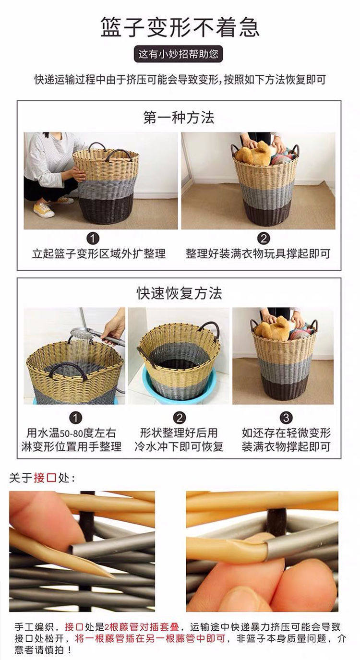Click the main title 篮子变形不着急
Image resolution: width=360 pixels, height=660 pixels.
pyautogui.click(x=180, y=27)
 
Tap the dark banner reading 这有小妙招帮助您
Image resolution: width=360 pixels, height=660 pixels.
pyautogui.click(x=179, y=54)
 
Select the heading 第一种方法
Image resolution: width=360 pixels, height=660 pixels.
pyautogui.click(x=179, y=118)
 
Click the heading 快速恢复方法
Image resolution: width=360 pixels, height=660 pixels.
pyautogui.click(x=179, y=293)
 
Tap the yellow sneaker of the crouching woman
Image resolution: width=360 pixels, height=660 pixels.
pyautogui.click(x=44, y=209)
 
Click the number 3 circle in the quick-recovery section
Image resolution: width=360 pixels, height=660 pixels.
pyautogui.click(x=286, y=418)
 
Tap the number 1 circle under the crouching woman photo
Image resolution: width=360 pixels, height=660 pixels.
pyautogui.click(x=93, y=238)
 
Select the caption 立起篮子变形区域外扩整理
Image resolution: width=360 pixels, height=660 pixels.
pyautogui.click(x=99, y=254)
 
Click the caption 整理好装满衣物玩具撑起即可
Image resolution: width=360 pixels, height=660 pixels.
pyautogui.click(x=258, y=254)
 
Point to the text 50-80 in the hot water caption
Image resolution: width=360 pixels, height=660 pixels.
pyautogui.click(x=72, y=433)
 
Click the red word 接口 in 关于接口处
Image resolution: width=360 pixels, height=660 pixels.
pyautogui.click(x=45, y=478)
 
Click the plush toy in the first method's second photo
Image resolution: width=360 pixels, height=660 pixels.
pyautogui.click(x=254, y=154)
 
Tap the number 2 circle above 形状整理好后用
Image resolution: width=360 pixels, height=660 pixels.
pyautogui.click(x=180, y=418)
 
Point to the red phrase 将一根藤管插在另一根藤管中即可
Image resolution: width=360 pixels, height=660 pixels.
pyautogui.click(x=150, y=638)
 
